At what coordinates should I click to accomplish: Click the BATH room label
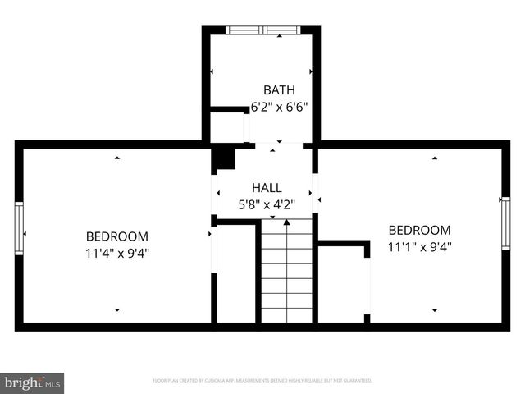279,89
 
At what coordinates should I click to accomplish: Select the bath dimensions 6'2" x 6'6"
279,106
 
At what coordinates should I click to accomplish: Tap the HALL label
267,188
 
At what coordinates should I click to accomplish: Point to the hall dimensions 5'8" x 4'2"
267,204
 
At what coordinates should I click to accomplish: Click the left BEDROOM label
116,236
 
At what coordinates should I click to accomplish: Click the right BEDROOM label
419,230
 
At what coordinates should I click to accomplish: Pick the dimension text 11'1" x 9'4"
419,246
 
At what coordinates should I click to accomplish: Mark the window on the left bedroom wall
19,228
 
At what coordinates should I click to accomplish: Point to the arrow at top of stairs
286,222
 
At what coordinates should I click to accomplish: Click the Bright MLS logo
33,383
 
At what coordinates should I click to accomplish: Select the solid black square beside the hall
223,158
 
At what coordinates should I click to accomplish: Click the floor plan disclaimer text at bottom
262,381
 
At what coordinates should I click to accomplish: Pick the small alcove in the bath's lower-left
227,127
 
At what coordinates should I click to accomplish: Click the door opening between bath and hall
279,145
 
